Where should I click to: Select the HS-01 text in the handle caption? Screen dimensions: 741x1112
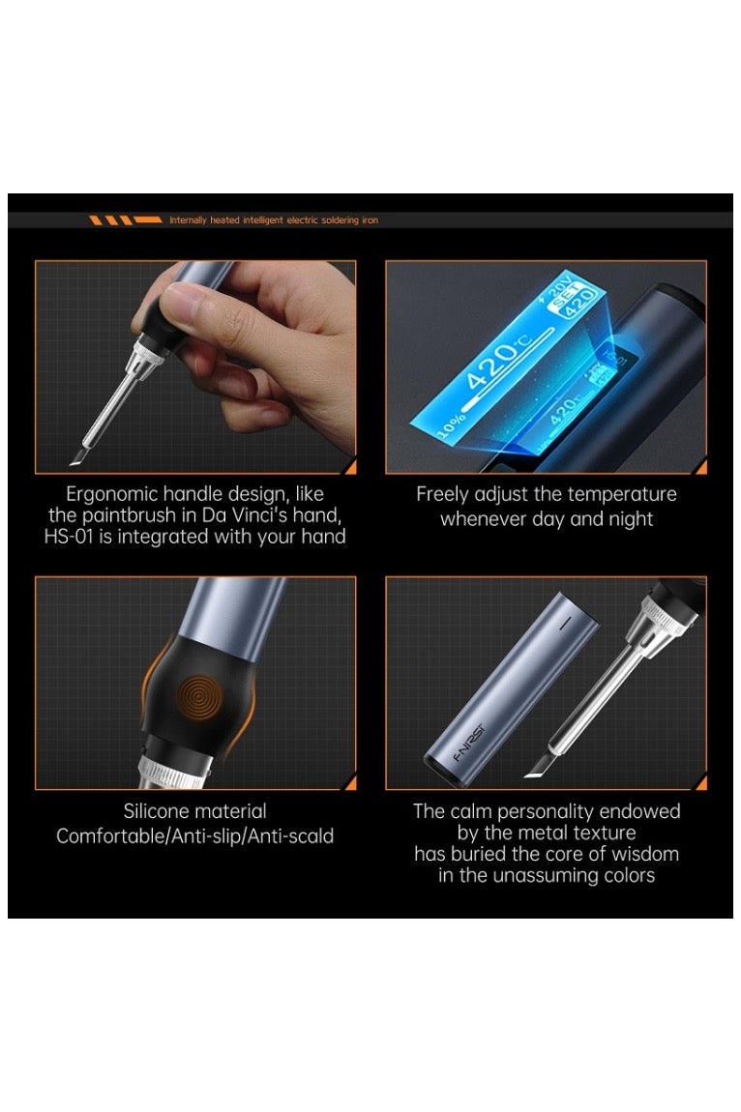click(68, 536)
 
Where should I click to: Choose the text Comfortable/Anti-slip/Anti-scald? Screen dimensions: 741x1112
click(194, 835)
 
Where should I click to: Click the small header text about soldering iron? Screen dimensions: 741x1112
click(273, 219)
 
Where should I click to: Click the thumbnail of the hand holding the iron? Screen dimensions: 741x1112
click(195, 366)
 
